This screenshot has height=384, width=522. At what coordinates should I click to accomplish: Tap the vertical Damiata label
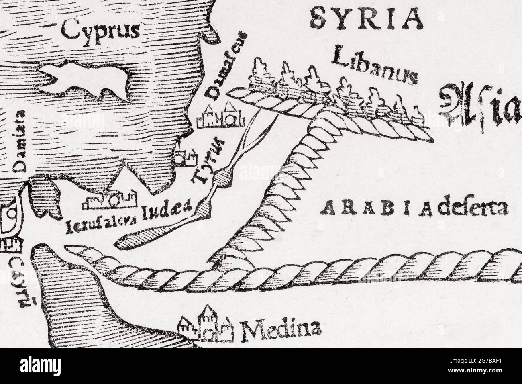point(19,141)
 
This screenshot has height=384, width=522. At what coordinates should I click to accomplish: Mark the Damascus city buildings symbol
point(220,114)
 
